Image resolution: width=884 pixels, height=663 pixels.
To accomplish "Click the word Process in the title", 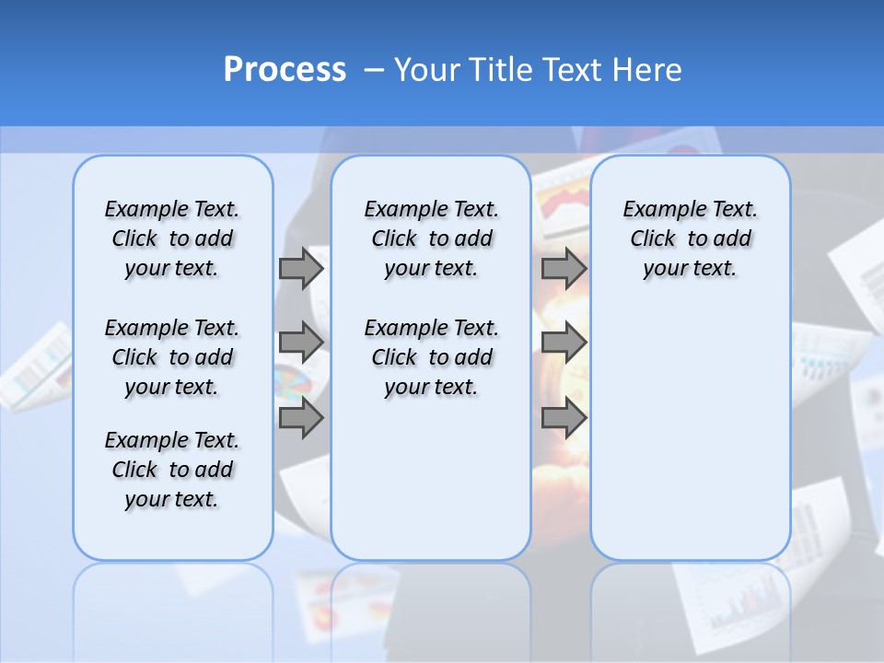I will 285,70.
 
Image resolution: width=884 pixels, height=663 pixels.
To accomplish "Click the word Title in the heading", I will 503,70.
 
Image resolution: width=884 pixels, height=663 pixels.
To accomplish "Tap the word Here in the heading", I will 648,70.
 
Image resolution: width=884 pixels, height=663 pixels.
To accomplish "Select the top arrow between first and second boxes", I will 301,268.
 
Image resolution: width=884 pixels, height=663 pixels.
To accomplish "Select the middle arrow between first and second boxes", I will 301,343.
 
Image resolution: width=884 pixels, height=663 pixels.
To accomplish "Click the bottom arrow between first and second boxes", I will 301,418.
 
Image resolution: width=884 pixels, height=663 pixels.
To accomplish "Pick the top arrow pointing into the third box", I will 564,268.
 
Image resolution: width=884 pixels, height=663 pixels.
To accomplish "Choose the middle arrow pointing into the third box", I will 564,343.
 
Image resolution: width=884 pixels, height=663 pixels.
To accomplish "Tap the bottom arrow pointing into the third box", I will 564,418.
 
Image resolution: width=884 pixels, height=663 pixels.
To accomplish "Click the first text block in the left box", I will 172,238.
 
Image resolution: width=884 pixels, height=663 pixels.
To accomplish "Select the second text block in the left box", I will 172,357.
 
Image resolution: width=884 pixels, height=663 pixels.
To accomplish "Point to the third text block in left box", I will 172,470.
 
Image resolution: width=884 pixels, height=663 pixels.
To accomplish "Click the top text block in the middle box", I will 431,238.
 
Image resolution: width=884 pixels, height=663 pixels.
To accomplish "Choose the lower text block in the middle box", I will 431,357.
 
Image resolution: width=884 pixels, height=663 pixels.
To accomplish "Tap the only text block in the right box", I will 690,238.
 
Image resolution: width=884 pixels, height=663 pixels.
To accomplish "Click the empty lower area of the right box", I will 690,433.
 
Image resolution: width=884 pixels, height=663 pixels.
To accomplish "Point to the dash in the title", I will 374,70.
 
